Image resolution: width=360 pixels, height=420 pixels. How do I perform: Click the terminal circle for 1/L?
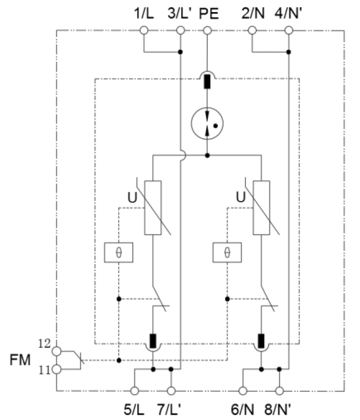[x=144, y=30]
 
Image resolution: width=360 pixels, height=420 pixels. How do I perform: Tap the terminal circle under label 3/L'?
[x=180, y=30]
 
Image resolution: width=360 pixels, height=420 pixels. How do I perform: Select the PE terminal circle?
[x=207, y=30]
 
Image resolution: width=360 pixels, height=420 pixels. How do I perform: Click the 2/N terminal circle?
[x=252, y=30]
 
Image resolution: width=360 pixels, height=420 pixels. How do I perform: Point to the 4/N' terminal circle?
[x=288, y=30]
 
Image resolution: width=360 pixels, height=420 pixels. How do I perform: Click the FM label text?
[x=20, y=360]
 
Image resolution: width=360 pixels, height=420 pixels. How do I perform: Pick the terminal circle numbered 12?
[x=56, y=351]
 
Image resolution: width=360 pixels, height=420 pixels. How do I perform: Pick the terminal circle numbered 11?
[x=56, y=369]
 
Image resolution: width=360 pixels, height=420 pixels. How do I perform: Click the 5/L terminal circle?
[x=135, y=391]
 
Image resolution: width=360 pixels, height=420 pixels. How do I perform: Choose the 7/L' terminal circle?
[x=171, y=391]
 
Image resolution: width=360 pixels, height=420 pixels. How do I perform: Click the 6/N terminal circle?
[x=243, y=391]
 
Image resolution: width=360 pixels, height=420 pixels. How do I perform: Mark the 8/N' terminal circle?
[x=280, y=391]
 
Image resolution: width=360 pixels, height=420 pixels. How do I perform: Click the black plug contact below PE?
[x=207, y=82]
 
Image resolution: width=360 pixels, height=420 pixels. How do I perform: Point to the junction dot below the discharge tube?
[x=207, y=155]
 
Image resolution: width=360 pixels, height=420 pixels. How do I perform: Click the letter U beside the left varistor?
[x=132, y=198]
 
